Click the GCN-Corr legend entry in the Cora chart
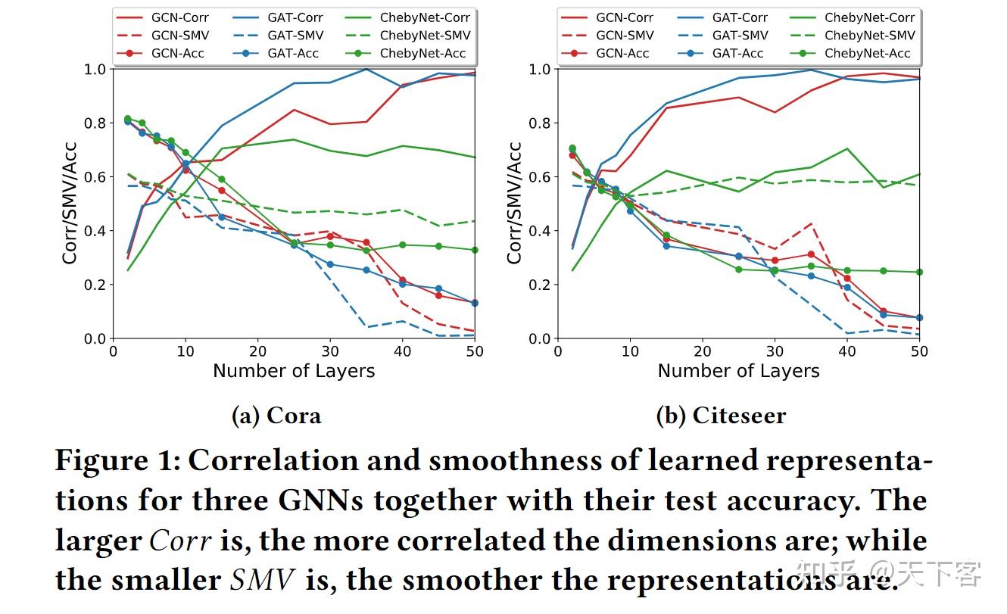pos(162,17)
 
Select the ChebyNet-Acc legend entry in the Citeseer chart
pos(851,53)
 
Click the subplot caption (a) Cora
pos(276,416)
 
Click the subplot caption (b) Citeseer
pos(720,416)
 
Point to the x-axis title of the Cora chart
pos(294,371)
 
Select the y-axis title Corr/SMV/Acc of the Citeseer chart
pos(515,203)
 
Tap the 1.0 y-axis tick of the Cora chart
pos(95,69)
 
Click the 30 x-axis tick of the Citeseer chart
pos(775,351)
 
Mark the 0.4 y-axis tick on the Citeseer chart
pos(540,231)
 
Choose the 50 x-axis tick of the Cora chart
pos(474,351)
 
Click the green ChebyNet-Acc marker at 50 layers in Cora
pos(474,250)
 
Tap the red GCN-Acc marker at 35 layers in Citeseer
pos(811,254)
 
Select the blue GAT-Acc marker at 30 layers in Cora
pos(329,264)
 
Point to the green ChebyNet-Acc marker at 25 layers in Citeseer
pos(738,270)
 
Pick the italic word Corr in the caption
pos(181,541)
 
